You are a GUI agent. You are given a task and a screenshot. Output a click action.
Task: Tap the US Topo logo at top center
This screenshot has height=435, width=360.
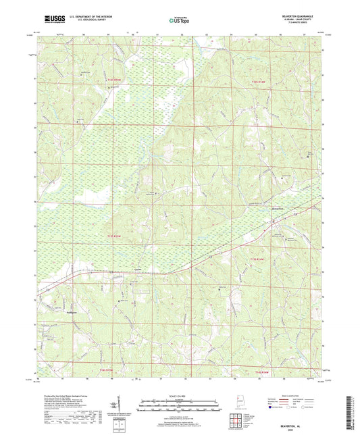click(180, 20)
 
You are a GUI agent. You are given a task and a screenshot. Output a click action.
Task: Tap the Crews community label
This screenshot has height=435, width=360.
click(138, 267)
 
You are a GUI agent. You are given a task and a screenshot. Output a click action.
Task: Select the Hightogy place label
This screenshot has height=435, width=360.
click(55, 313)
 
